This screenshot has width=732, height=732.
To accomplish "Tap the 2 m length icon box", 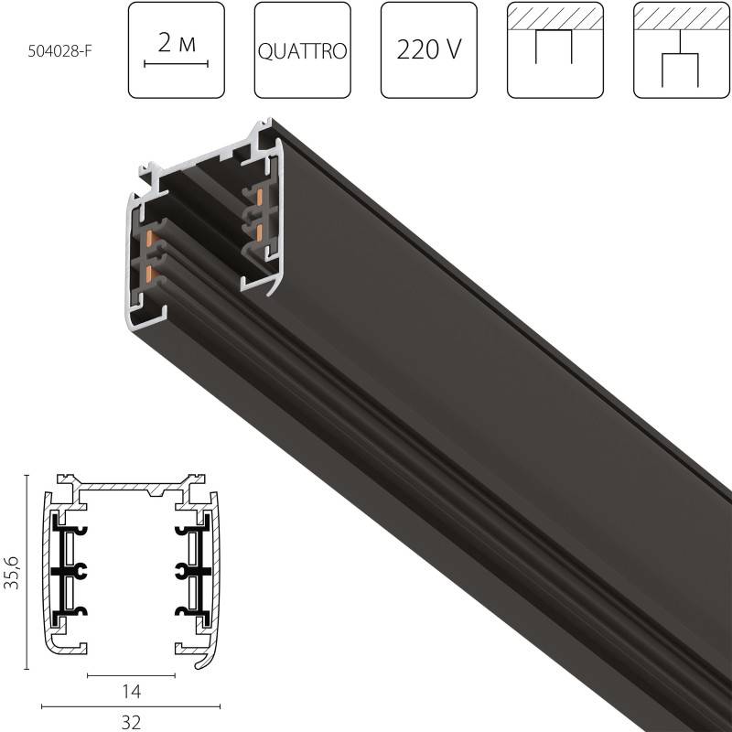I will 177,50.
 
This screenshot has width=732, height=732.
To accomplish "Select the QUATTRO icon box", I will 302,50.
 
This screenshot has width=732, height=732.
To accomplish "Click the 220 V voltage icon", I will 428,50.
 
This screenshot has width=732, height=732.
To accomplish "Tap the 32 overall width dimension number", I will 131,722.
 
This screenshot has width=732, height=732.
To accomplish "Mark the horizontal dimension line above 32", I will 131,706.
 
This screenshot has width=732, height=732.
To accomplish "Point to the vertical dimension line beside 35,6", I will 27,568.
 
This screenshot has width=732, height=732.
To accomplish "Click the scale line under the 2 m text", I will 177,64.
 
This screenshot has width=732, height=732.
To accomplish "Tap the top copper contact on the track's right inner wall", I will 261,197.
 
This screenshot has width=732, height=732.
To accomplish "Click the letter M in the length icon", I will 188,44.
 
